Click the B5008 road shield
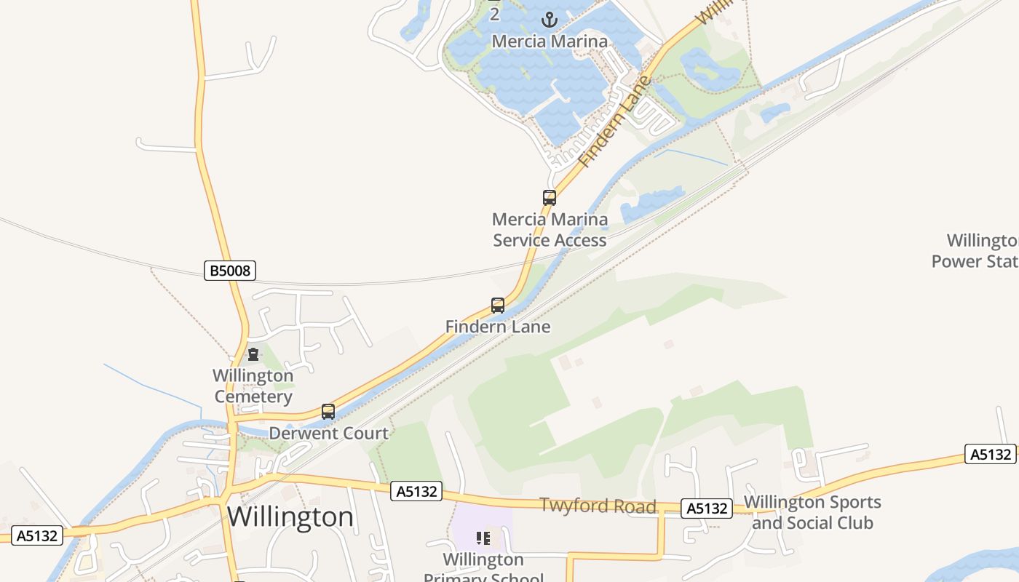[x=229, y=271]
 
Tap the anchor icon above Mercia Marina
[x=549, y=20]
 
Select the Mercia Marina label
[x=550, y=41]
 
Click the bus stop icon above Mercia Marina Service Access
[x=550, y=197]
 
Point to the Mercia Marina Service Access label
[x=550, y=230]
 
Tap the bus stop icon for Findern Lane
[x=498, y=306]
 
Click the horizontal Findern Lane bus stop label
[x=498, y=327]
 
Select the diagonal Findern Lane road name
[x=615, y=121]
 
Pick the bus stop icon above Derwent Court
[x=328, y=412]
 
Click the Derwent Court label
[x=328, y=433]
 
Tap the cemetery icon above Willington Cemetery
[x=253, y=354]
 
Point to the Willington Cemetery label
[x=253, y=386]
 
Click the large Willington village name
[x=290, y=517]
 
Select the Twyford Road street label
[x=598, y=506]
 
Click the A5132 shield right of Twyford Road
[x=707, y=509]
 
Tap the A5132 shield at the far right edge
[x=990, y=454]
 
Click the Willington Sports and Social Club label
[x=812, y=512]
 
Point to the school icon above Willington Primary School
[x=483, y=538]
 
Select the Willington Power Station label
[x=975, y=250]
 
